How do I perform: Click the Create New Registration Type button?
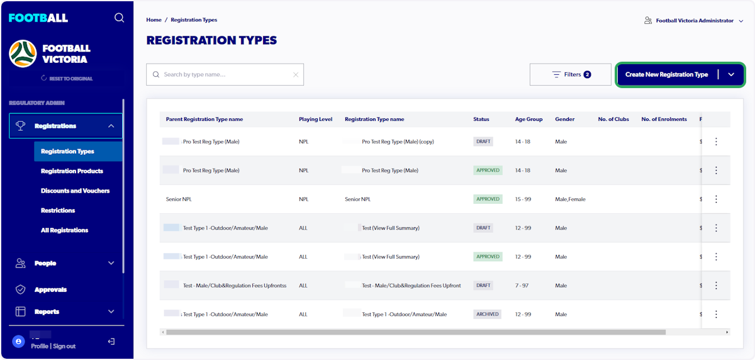click(666, 74)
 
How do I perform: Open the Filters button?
click(571, 74)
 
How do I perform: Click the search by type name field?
click(225, 74)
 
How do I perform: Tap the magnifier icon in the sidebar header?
click(119, 18)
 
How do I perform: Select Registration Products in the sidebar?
click(72, 171)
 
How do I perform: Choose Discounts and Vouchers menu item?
click(75, 191)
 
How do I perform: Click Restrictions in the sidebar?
click(58, 210)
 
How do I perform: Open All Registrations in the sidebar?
click(64, 230)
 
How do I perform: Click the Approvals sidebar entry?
click(50, 290)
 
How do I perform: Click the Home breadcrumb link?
click(154, 20)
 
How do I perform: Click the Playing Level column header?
click(316, 119)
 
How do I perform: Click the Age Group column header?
click(528, 119)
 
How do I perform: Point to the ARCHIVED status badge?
click(488, 314)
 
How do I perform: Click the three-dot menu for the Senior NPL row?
click(716, 199)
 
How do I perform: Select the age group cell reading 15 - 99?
click(523, 200)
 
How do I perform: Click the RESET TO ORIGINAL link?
click(70, 79)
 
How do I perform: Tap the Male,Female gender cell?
click(570, 200)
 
